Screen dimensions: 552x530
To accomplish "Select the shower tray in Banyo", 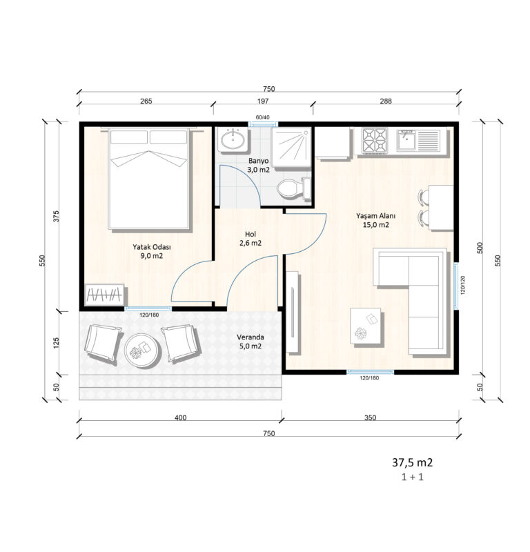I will click(x=291, y=147).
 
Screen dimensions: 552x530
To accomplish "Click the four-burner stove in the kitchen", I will click(x=375, y=141).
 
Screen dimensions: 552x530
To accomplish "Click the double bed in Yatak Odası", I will click(x=149, y=179).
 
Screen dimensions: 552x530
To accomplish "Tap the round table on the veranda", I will click(x=142, y=350).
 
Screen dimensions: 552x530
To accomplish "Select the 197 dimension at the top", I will click(x=263, y=101).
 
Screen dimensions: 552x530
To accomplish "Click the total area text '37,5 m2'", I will click(x=412, y=462).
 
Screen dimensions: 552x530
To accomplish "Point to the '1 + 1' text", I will click(x=412, y=477).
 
